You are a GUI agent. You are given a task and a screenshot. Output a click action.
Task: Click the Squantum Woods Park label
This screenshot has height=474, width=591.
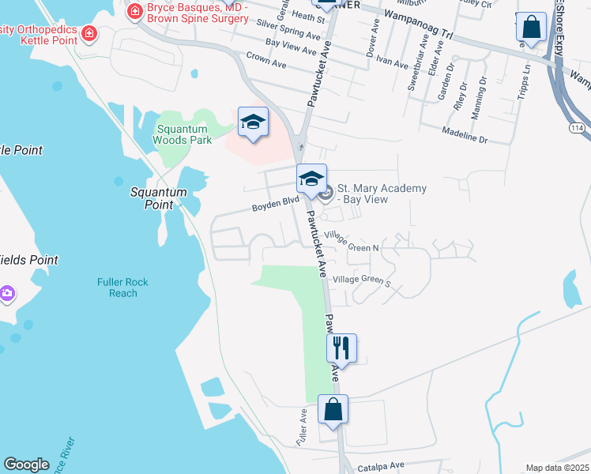tap(182, 134)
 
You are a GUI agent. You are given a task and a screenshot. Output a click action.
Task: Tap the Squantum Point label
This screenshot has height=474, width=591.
tap(159, 198)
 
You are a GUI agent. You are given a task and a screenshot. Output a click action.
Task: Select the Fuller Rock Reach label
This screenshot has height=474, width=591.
tap(122, 288)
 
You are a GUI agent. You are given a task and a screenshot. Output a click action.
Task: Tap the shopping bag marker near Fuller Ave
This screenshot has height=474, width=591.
tap(333, 411)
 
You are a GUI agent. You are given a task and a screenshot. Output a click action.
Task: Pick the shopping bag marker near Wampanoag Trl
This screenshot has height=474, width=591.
tap(531, 28)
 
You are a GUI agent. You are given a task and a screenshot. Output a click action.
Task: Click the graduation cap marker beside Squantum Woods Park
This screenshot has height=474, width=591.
tap(253, 123)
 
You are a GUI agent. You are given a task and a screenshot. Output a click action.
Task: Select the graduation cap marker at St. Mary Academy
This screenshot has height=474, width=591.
tap(312, 179)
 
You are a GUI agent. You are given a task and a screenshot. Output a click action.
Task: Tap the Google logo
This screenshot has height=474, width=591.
tap(26, 465)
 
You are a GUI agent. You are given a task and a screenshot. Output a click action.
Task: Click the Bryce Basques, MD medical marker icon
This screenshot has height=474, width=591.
tap(134, 11)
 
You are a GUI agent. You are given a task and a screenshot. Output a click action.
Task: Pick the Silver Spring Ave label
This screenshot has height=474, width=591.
tap(288, 30)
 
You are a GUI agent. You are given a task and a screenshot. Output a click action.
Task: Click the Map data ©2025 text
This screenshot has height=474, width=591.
tap(558, 468)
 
